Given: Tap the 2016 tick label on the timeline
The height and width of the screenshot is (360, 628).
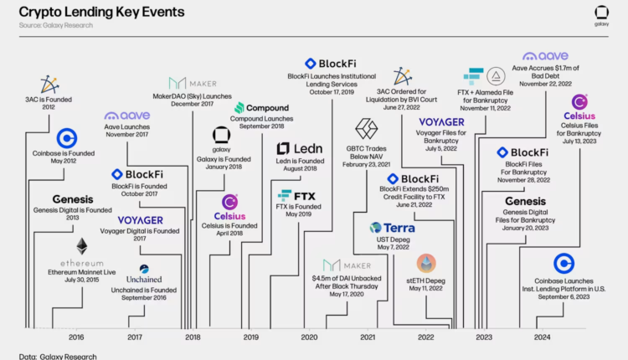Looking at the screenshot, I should coord(76,337).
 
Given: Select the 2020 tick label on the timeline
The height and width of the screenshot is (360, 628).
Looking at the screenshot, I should coord(309,337).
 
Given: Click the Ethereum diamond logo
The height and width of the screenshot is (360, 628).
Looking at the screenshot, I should coord(82,246).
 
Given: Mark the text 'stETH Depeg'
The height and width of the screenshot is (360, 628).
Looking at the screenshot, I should coord(427,280).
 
